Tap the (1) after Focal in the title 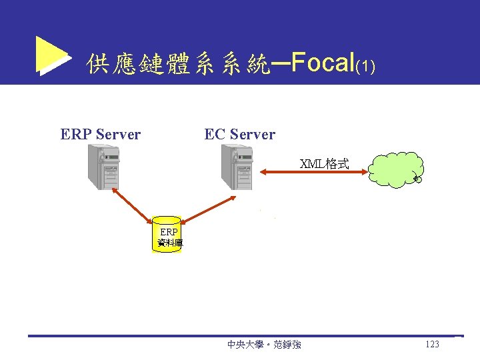[365, 67]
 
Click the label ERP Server [100, 135]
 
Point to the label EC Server [239, 135]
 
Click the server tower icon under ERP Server [104, 167]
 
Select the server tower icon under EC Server [238, 167]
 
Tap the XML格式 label [324, 164]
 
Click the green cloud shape [396, 169]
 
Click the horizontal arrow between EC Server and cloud [313, 173]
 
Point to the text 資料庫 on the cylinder [169, 243]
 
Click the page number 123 [431, 345]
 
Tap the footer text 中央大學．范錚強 [264, 345]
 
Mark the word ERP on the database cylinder [169, 233]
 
